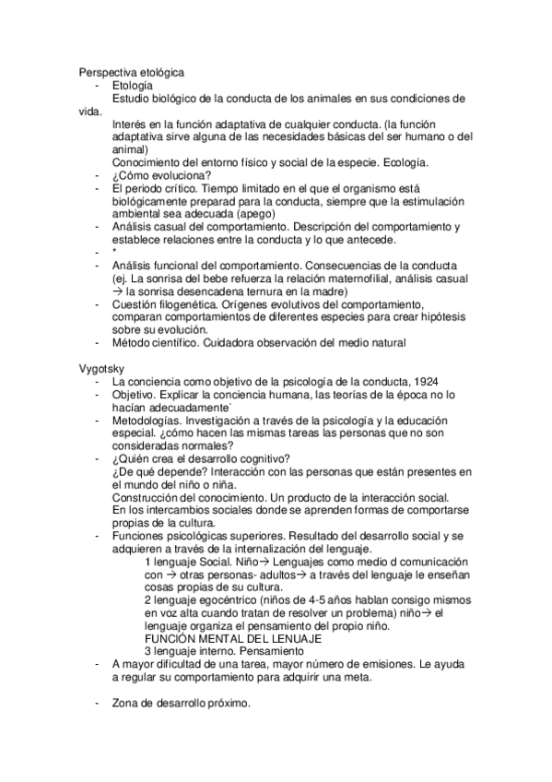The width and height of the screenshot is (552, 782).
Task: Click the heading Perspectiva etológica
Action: pyautogui.click(x=131, y=72)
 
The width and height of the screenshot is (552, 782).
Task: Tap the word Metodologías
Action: pyautogui.click(x=150, y=419)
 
